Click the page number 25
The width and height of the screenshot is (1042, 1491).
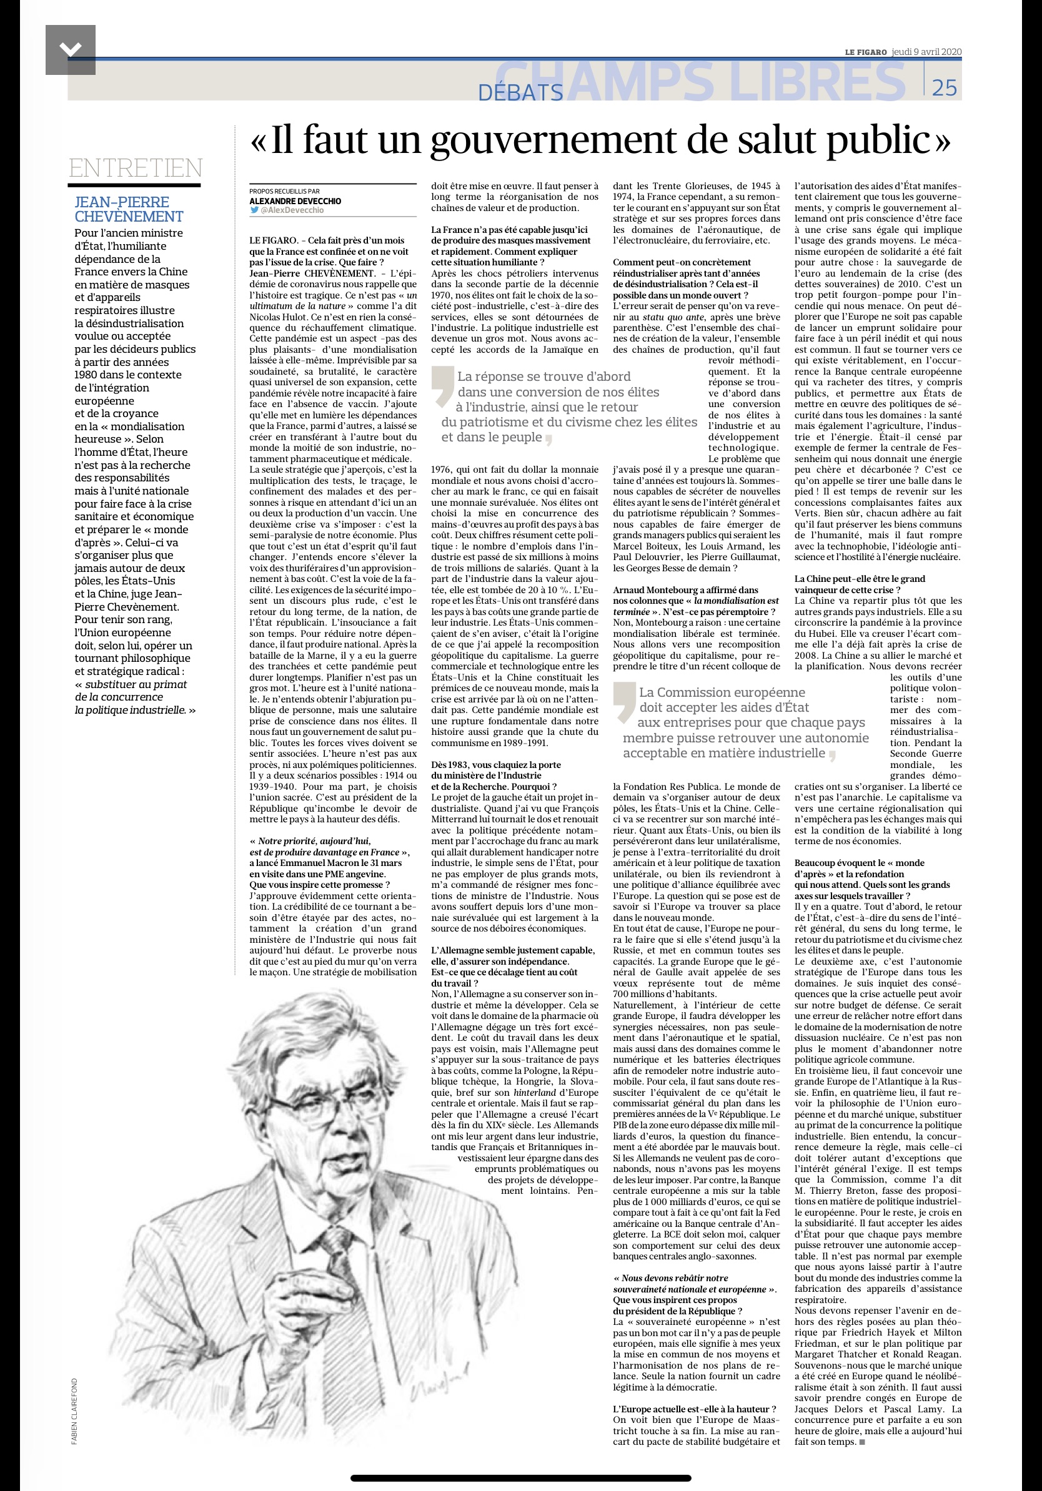click(944, 87)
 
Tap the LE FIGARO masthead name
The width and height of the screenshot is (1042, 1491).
click(865, 52)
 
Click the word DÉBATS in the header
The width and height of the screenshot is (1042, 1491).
click(520, 93)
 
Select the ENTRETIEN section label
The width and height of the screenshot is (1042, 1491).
click(135, 168)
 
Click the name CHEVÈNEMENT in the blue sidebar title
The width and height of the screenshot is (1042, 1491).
click(129, 217)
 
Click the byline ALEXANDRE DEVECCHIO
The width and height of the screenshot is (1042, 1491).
click(295, 201)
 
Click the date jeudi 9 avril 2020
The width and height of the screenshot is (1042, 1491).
click(926, 52)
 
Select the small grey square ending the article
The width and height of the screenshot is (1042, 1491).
click(862, 1442)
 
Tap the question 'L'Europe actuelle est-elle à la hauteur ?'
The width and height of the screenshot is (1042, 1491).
click(695, 1409)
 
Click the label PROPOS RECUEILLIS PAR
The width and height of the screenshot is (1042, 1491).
click(284, 192)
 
